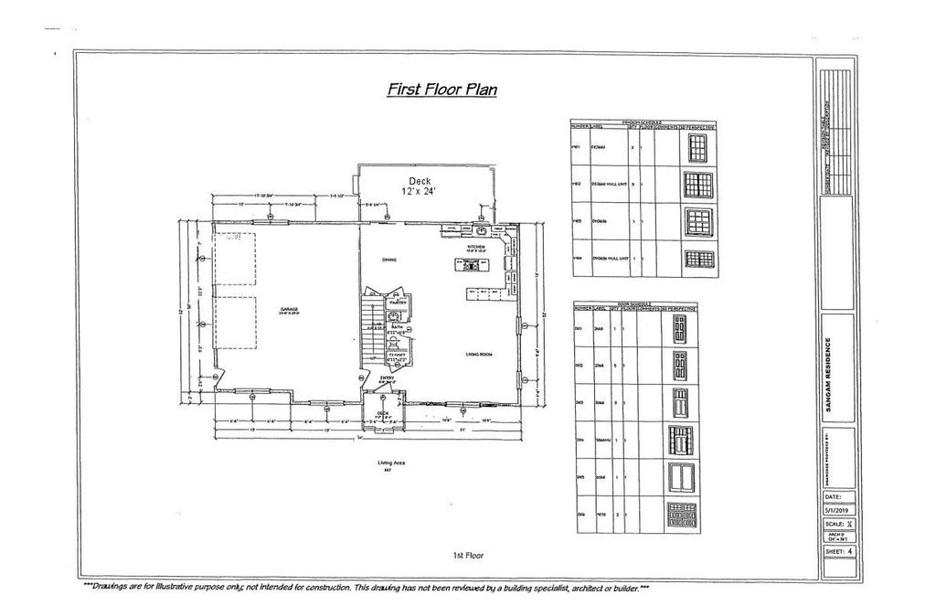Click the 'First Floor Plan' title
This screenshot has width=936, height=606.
click(x=441, y=90)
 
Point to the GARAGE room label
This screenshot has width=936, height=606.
click(x=290, y=310)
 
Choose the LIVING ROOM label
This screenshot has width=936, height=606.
click(x=480, y=353)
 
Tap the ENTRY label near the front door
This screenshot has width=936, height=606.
click(x=386, y=377)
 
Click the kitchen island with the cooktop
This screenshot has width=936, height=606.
click(x=472, y=266)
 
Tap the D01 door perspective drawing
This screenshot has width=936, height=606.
click(x=678, y=335)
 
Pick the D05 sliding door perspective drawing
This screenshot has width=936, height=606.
click(x=679, y=478)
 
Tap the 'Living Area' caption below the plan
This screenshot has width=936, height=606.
click(x=390, y=462)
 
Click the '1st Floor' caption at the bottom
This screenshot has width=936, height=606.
click(x=467, y=555)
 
